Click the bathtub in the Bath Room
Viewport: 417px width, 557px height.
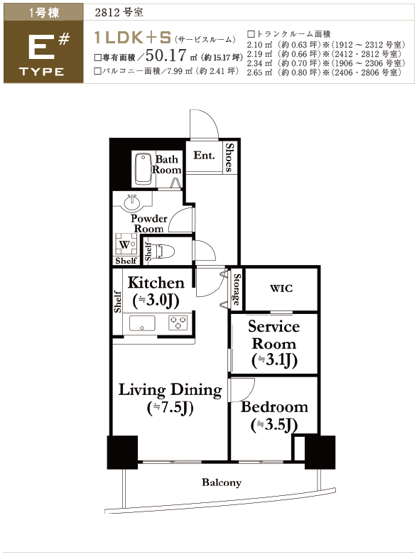(143, 169)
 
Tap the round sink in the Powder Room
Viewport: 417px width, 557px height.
(132, 203)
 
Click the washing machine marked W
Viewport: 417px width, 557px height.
(126, 244)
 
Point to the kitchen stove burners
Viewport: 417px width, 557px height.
(178, 323)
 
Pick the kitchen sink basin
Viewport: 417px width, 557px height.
(142, 323)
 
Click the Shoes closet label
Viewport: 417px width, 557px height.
(230, 158)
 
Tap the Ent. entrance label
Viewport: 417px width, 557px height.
(205, 155)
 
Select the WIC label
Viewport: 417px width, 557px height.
(281, 288)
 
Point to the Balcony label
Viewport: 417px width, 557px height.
(222, 482)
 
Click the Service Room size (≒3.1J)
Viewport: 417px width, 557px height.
(274, 360)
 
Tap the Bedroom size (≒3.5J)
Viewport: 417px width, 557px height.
(274, 425)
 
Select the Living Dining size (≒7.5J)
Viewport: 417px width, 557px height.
(170, 408)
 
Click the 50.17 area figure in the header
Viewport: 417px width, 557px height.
(166, 55)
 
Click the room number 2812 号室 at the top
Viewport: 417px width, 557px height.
(119, 13)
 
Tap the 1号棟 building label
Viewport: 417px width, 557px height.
(44, 13)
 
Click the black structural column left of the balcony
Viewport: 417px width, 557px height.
(122, 452)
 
